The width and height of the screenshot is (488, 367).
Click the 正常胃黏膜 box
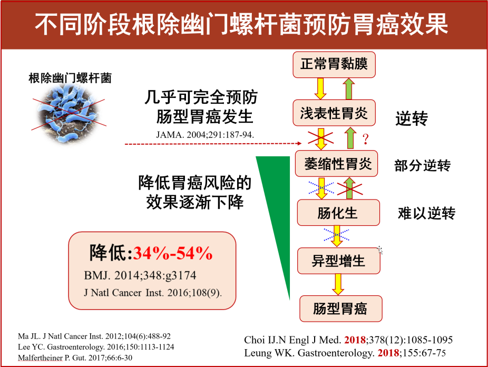(334, 65)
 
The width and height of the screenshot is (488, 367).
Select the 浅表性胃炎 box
(334, 113)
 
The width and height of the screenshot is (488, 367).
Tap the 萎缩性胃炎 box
(336, 164)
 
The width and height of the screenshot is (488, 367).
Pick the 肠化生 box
(338, 213)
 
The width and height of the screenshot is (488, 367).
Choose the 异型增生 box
(339, 261)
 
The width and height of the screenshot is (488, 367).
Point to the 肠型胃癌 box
(341, 309)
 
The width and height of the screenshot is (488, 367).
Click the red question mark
(366, 139)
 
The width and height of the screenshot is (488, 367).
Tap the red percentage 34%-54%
(173, 253)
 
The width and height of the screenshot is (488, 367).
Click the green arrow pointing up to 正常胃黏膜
(349, 88)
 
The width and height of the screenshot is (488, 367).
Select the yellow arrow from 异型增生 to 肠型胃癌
(338, 284)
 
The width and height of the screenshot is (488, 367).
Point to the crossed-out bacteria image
(69, 114)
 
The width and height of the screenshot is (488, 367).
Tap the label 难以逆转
(427, 214)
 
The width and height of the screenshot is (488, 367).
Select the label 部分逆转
(422, 166)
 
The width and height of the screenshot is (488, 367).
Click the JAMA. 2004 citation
(205, 135)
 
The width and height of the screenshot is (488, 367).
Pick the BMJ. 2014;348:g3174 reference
(140, 275)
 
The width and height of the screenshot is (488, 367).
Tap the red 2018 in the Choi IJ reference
(355, 340)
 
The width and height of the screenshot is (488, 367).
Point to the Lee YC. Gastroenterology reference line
(96, 347)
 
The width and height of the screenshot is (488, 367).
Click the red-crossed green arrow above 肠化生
(350, 188)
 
